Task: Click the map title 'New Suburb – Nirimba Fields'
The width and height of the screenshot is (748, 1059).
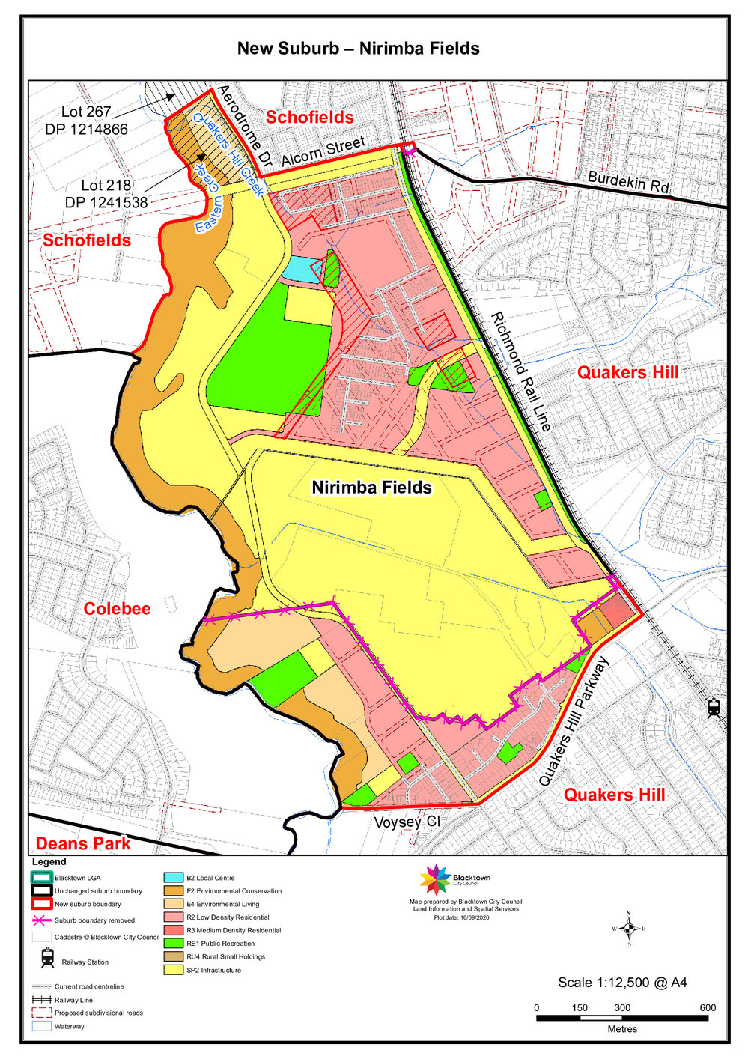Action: (x=358, y=49)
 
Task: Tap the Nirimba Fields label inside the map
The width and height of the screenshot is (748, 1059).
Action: (x=372, y=488)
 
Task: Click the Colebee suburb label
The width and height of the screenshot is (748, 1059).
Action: (x=117, y=609)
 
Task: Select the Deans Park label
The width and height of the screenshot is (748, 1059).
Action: (x=83, y=843)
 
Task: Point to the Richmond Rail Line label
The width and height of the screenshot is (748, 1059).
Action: (x=521, y=372)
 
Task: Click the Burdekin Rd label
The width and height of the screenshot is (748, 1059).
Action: (x=628, y=182)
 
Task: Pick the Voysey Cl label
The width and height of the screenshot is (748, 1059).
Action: (x=407, y=822)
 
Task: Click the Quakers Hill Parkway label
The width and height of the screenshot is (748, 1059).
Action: (x=575, y=722)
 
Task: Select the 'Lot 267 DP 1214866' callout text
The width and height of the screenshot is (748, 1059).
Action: (x=86, y=121)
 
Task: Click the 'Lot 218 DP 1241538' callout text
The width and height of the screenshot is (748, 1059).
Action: (x=106, y=193)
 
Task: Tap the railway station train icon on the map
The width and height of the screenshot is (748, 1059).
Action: (x=714, y=707)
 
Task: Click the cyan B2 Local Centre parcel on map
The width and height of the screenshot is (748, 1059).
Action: (x=299, y=269)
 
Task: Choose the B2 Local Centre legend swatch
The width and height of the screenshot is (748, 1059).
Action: (x=173, y=878)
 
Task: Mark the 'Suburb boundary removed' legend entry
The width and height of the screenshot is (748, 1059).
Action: (x=94, y=920)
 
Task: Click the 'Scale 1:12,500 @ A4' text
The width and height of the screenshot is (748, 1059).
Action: (x=622, y=983)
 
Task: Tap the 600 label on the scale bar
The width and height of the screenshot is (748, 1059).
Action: (x=708, y=1007)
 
